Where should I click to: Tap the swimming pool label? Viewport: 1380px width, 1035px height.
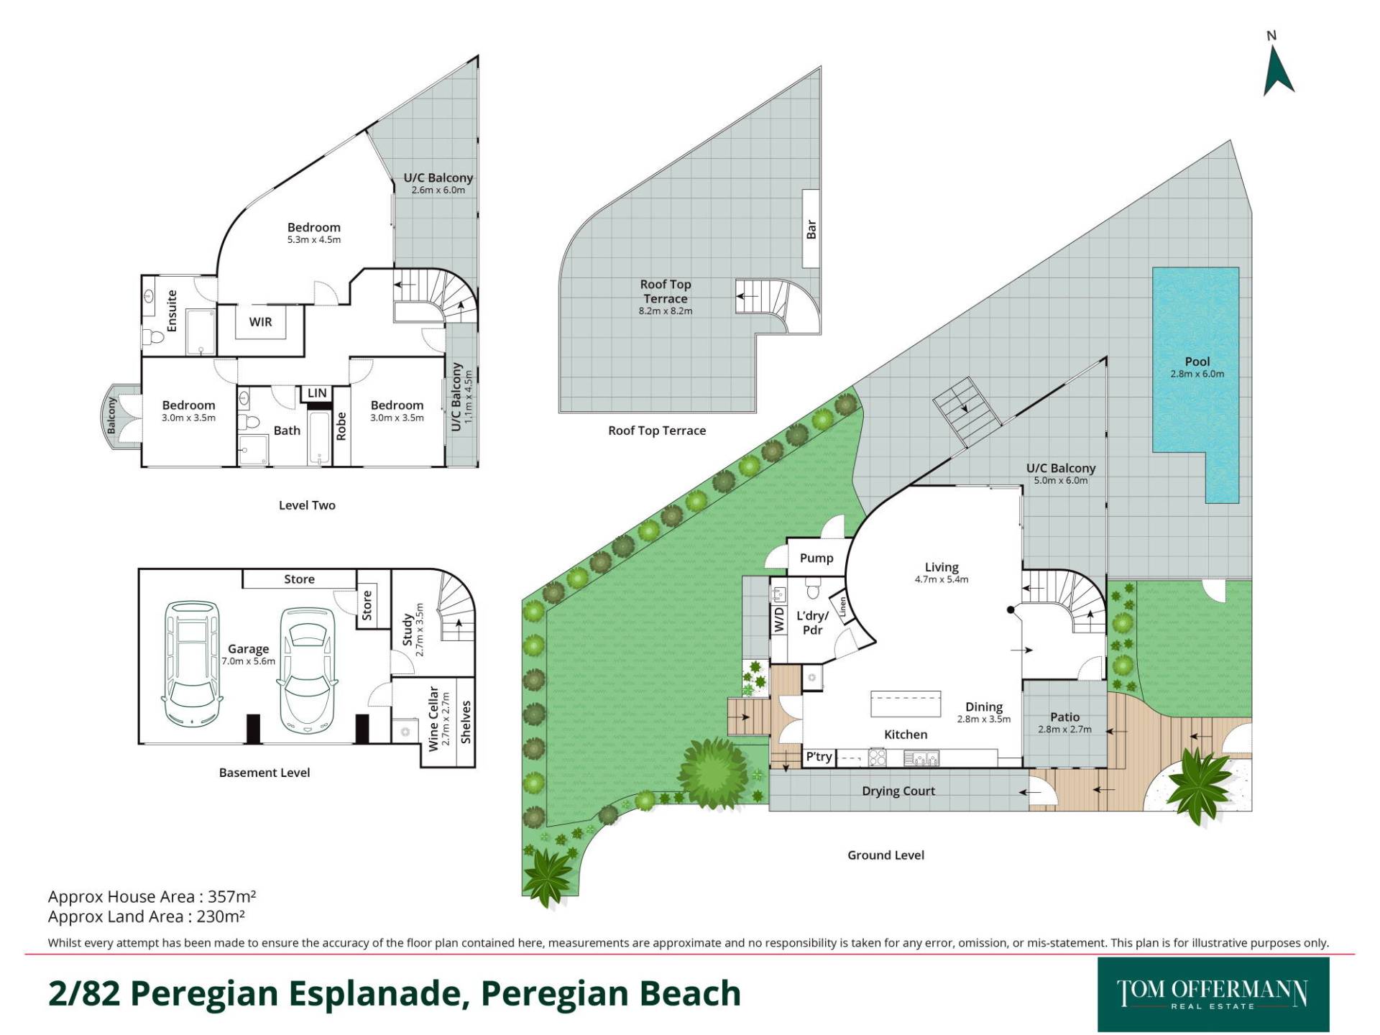(1197, 362)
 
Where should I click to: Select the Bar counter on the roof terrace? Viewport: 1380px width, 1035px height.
(811, 229)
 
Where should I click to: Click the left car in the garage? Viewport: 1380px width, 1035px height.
(190, 663)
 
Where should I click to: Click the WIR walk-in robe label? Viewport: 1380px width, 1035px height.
(260, 322)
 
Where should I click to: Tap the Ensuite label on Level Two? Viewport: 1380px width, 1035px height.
(172, 310)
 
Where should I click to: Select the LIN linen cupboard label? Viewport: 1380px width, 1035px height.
(317, 393)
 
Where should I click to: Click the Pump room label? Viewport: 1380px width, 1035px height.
(816, 558)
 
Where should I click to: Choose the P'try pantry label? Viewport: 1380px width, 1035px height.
(819, 756)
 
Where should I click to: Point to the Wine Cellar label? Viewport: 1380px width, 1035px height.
(433, 718)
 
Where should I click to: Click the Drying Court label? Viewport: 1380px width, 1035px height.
(898, 791)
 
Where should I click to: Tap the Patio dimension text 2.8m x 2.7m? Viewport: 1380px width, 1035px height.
(1064, 730)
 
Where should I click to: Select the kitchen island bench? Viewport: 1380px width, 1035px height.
(906, 704)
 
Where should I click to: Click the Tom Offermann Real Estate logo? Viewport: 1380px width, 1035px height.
(1213, 995)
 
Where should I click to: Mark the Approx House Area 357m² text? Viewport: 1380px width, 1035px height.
(152, 896)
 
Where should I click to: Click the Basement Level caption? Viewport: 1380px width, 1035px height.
(264, 773)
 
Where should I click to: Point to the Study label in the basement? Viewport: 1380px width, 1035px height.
(408, 629)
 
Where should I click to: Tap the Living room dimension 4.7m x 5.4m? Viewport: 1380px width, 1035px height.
(942, 579)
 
